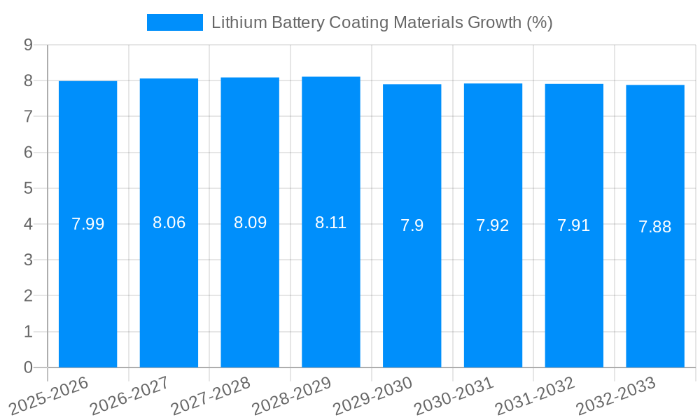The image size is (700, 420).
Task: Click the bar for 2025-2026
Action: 87,224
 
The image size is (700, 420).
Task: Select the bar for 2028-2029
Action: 331,222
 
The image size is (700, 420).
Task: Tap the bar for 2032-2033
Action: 655,226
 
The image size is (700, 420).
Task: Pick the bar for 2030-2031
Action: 493,225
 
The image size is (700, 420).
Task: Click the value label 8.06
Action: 169,223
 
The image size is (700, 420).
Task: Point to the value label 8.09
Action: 250,223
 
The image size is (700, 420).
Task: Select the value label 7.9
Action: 412,225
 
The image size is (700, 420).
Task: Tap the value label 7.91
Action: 574,225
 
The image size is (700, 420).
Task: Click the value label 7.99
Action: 88,224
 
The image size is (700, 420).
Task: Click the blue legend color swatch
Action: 174,22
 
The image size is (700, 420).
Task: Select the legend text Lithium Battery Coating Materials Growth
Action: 381,22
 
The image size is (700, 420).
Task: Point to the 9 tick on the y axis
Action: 28,45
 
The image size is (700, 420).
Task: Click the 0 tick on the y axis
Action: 28,367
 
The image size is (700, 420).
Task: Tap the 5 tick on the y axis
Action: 28,188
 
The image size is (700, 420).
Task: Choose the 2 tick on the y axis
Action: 28,296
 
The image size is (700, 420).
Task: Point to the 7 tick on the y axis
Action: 28,116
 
